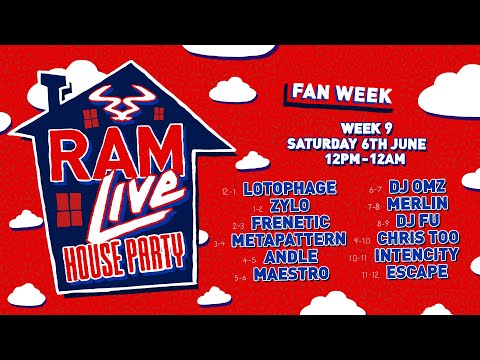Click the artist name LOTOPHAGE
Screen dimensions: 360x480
tap(287, 188)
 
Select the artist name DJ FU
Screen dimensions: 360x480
tap(414, 222)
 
